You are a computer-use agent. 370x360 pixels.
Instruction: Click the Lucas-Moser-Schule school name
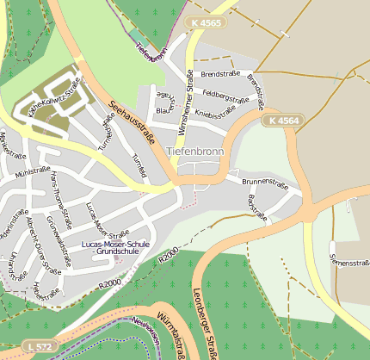[115, 245]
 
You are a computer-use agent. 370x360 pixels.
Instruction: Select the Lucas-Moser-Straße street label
[107, 221]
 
